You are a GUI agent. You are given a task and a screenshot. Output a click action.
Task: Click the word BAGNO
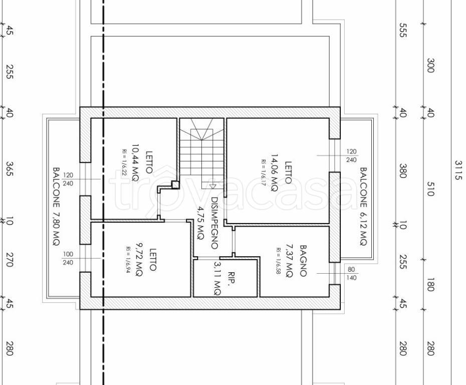coord(303,261)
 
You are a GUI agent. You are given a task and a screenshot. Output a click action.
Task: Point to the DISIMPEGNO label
coord(214,223)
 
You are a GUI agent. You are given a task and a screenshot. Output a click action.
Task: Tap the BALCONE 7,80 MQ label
coord(56,207)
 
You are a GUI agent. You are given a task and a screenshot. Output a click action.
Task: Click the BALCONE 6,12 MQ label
coord(363,207)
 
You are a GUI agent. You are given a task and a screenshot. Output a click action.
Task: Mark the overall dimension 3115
coord(459,170)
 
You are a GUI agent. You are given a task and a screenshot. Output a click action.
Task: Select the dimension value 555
coord(403,30)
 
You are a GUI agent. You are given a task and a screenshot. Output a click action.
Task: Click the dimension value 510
coord(430,189)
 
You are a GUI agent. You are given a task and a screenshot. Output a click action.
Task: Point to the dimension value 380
coord(403,170)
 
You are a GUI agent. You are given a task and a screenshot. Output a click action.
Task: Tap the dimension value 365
coord(10,168)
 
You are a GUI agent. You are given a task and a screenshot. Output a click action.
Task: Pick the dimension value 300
coord(430,65)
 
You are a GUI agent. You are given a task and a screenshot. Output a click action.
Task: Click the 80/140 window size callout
coord(351,274)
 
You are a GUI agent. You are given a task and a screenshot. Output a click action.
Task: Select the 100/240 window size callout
coord(68,258)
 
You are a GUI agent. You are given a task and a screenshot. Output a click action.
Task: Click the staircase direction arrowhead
coord(212,186)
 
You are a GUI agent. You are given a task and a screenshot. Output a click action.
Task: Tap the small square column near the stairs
coord(175,185)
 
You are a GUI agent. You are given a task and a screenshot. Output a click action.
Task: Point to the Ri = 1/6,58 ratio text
coord(279,261)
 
